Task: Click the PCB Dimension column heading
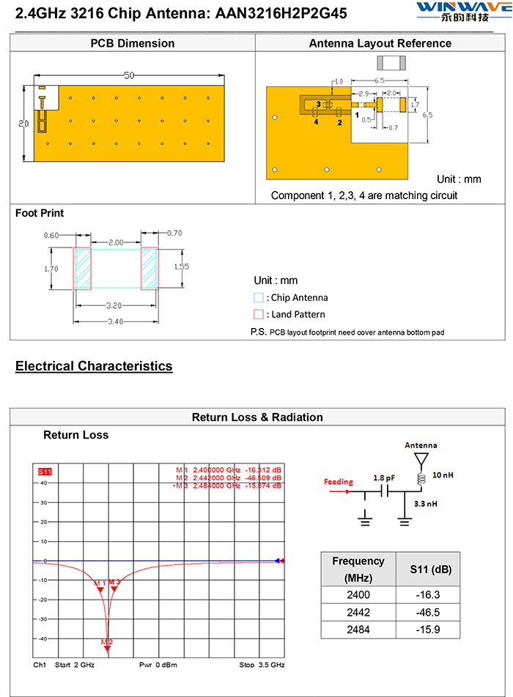coord(133,43)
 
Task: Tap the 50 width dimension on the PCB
coord(129,76)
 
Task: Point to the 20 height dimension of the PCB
coord(23,124)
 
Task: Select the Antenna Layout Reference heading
coord(380,43)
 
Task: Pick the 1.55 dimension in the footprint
coord(181,266)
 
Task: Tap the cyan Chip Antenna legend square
coord(258,298)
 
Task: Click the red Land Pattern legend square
coord(258,314)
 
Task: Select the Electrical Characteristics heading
coord(94,366)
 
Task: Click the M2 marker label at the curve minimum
coord(107,642)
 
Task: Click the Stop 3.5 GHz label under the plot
coord(262,665)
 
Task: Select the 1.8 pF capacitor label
coord(383,477)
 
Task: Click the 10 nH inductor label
coord(442,475)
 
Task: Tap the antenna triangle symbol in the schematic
coord(421,458)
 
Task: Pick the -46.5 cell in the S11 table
coord(428,612)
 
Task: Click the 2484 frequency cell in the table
coord(358,630)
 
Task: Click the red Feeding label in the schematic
coord(339,482)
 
